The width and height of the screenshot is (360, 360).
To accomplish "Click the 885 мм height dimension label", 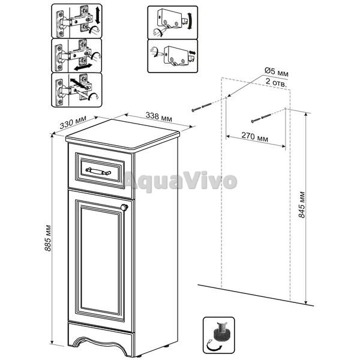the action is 48,238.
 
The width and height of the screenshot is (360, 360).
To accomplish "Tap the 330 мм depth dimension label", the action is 73,122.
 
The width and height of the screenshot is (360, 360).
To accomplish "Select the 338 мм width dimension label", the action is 159,117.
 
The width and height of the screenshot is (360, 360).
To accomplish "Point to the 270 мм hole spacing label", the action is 255,137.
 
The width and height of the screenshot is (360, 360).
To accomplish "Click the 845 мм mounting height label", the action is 302,205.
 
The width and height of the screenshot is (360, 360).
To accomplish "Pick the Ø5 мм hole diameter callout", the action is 277,72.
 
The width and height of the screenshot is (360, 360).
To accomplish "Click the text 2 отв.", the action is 277,82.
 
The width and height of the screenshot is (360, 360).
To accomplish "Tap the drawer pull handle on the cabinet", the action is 98,171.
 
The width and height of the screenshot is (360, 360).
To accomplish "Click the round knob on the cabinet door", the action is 124,208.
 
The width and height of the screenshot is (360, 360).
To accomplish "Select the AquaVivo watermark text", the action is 180,181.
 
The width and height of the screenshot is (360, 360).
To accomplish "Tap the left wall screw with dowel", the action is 202,107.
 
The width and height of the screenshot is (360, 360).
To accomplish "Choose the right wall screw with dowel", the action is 261,118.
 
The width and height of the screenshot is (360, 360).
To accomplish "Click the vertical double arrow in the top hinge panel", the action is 97,16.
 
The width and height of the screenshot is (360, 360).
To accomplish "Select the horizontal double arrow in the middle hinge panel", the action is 83,67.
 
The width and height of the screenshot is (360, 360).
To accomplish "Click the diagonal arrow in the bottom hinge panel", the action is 77,83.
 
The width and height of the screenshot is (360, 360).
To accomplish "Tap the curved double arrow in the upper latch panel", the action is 190,21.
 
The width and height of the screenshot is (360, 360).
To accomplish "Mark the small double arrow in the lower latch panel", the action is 193,53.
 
